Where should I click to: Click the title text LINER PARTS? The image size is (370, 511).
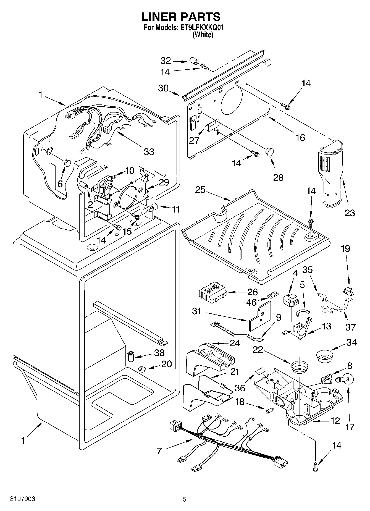(181, 17)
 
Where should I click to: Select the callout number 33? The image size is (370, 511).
(149, 152)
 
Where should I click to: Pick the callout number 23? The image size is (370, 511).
(350, 213)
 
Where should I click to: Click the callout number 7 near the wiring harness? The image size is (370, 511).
(159, 451)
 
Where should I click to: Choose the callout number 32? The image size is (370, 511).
(166, 61)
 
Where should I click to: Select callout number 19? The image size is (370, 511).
(345, 249)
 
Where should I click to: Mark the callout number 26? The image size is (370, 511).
(252, 292)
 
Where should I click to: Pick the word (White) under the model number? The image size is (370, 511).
(203, 35)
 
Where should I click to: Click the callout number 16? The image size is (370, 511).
(300, 137)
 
